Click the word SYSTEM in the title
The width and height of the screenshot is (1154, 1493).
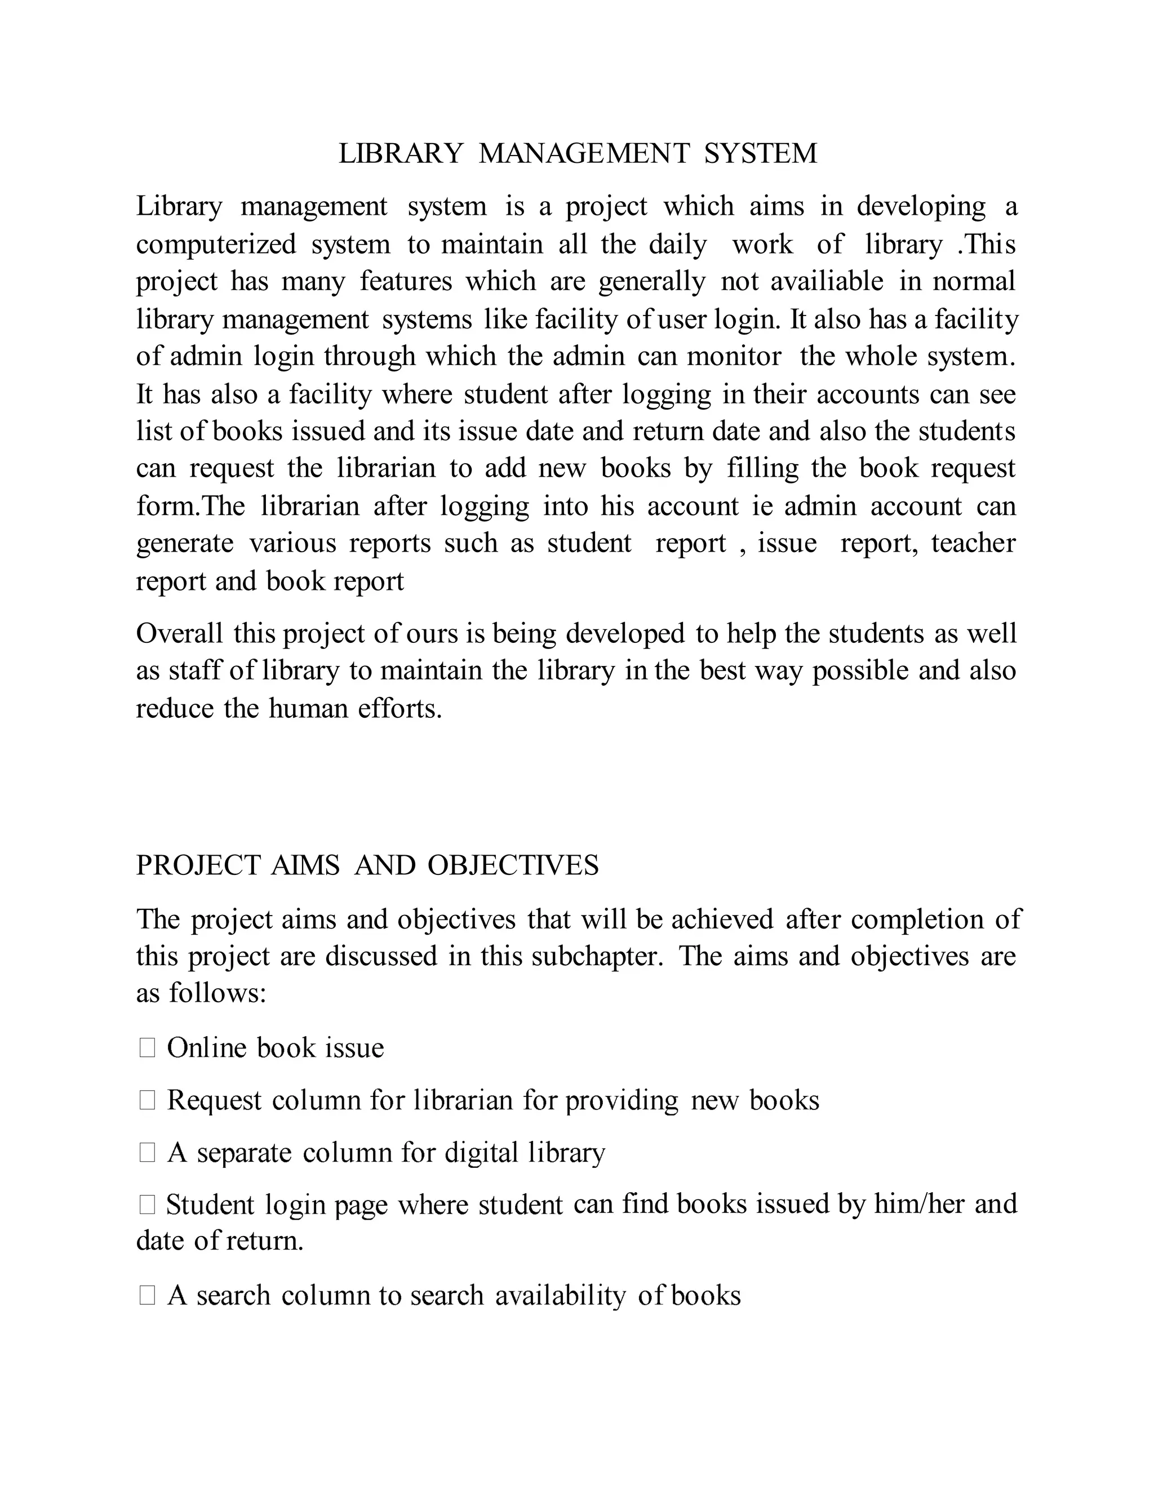[x=760, y=153]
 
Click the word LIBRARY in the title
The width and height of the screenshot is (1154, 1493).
[x=401, y=153]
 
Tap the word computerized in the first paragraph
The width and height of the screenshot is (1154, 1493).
[x=215, y=244]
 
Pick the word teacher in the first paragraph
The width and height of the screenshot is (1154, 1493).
[x=973, y=543]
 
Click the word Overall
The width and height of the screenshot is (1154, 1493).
[x=179, y=633]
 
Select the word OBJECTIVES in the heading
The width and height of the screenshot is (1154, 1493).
[x=513, y=865]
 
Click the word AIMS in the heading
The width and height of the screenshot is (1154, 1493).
[x=305, y=865]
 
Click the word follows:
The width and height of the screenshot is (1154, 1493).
[x=218, y=993]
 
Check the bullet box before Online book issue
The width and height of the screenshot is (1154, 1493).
[x=147, y=1048]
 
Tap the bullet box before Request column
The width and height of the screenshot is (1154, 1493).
[x=147, y=1101]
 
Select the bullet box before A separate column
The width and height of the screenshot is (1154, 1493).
[x=147, y=1153]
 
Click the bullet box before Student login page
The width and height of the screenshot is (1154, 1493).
[x=147, y=1205]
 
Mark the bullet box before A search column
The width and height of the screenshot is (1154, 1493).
[x=147, y=1295]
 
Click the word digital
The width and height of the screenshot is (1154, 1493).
[x=481, y=1153]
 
